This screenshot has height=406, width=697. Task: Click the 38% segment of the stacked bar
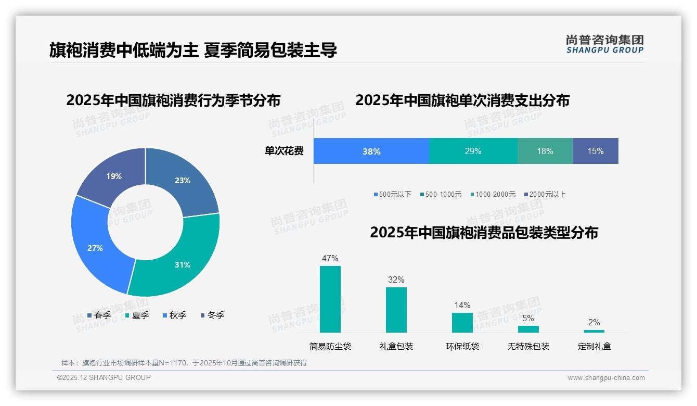(371, 151)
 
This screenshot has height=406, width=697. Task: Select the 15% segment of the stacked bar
(596, 151)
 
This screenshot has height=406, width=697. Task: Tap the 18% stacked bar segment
(545, 151)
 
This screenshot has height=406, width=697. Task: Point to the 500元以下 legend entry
(393, 194)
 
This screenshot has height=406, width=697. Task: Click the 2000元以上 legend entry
(545, 194)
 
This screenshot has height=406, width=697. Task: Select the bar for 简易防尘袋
(330, 299)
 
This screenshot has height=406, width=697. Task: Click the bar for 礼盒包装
(396, 310)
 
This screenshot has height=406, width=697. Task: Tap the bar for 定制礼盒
(594, 331)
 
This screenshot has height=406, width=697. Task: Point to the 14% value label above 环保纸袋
(462, 305)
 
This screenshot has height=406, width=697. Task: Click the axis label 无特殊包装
(528, 346)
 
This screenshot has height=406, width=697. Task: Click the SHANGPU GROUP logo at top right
(604, 44)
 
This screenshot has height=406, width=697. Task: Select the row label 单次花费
(284, 151)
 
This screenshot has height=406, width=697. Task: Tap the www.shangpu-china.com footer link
(606, 378)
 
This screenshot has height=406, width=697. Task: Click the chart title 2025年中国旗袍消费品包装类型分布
(484, 233)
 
